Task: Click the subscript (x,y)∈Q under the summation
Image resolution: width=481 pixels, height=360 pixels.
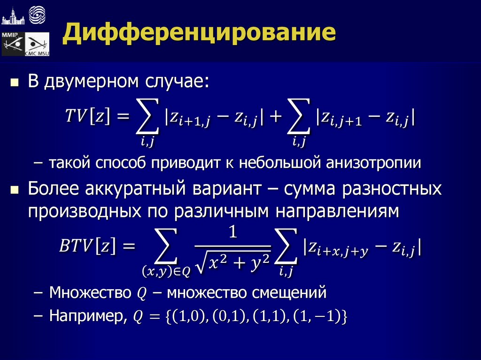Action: point(166,270)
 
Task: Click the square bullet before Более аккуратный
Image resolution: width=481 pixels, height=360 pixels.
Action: point(15,190)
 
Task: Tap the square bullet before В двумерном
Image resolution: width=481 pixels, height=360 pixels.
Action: point(15,83)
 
